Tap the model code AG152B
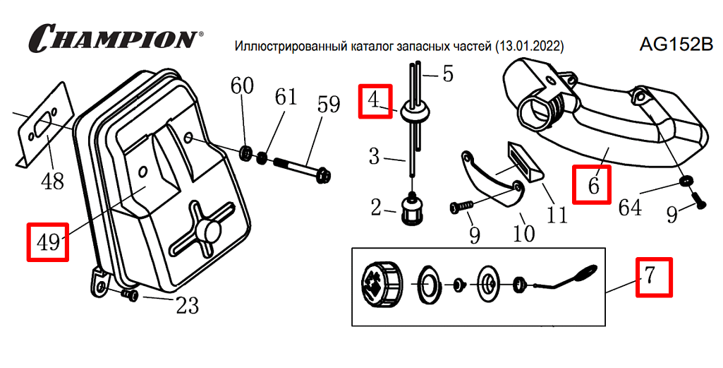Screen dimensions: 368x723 pyautogui.click(x=676, y=44)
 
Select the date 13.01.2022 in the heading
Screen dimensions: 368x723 pyautogui.click(x=529, y=47)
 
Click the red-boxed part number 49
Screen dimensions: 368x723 pyautogui.click(x=47, y=242)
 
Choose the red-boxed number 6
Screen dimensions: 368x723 pyautogui.click(x=593, y=185)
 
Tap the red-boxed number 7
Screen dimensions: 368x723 pyautogui.click(x=653, y=278)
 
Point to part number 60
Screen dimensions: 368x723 pyautogui.click(x=242, y=86)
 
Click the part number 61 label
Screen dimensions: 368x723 pyautogui.click(x=286, y=97)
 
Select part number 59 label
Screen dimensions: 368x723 pyautogui.click(x=329, y=105)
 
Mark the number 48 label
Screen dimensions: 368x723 pyautogui.click(x=52, y=182)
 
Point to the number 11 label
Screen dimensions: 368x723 pyautogui.click(x=557, y=214)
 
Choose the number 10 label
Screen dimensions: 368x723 pyautogui.click(x=523, y=233)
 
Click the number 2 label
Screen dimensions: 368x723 pyautogui.click(x=376, y=207)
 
